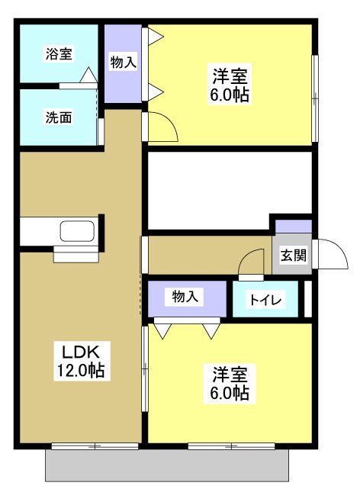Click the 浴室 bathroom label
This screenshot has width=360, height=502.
(59, 54)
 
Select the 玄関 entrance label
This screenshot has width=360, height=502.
(293, 256)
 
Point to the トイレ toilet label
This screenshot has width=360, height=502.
(264, 301)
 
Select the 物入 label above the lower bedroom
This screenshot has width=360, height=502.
(187, 297)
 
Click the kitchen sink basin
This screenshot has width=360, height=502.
(76, 231)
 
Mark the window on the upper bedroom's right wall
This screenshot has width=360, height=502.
(314, 98)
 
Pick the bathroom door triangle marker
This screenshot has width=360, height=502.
(88, 76)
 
